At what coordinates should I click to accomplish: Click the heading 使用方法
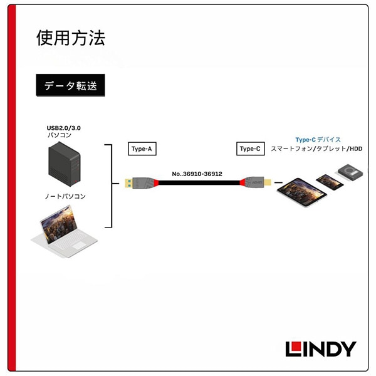(x=71, y=38)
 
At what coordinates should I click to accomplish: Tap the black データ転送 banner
(x=70, y=85)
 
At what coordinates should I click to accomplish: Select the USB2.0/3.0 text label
(x=63, y=128)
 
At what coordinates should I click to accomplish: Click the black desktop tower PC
(x=65, y=164)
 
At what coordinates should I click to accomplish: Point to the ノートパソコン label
(x=65, y=196)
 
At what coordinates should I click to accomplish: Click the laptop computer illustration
(x=65, y=232)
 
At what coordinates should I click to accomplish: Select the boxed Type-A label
(x=142, y=149)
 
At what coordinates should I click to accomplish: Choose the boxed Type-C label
(x=250, y=149)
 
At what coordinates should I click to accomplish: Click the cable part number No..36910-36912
(x=197, y=174)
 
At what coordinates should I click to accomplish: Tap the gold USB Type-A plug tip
(x=128, y=183)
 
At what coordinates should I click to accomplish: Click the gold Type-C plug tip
(x=268, y=182)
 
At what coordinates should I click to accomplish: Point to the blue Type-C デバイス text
(x=318, y=140)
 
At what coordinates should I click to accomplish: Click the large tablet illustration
(x=301, y=192)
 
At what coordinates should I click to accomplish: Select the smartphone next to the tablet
(x=330, y=182)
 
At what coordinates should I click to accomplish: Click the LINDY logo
(x=321, y=349)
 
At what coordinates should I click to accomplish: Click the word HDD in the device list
(x=356, y=149)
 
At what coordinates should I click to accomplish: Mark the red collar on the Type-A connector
(x=156, y=183)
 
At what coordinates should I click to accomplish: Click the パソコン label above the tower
(x=60, y=135)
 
